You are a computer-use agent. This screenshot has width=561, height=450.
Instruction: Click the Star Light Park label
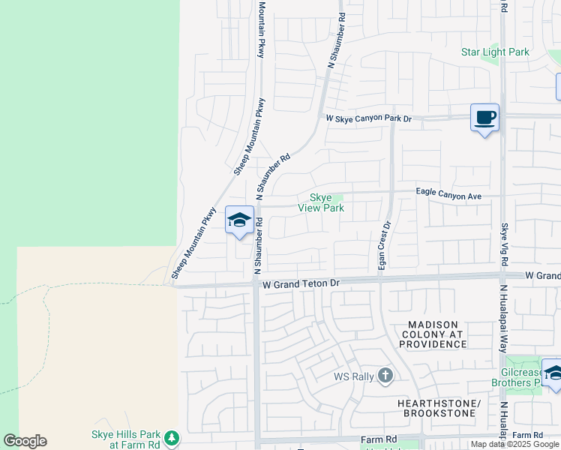(495, 52)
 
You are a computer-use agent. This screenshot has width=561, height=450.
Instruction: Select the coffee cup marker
(484, 118)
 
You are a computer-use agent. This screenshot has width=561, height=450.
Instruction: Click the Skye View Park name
(321, 202)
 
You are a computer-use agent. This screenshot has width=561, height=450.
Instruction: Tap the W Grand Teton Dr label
(301, 284)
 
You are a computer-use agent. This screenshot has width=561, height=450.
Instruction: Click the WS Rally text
(353, 376)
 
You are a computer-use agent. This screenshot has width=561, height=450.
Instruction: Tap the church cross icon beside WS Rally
(385, 375)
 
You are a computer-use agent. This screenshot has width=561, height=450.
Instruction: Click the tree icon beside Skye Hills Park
(172, 437)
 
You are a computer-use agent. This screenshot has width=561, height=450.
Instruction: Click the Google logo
(25, 441)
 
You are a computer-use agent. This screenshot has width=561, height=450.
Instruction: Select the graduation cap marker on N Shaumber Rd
(239, 220)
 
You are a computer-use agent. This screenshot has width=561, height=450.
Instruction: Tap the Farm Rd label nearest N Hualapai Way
(528, 436)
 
